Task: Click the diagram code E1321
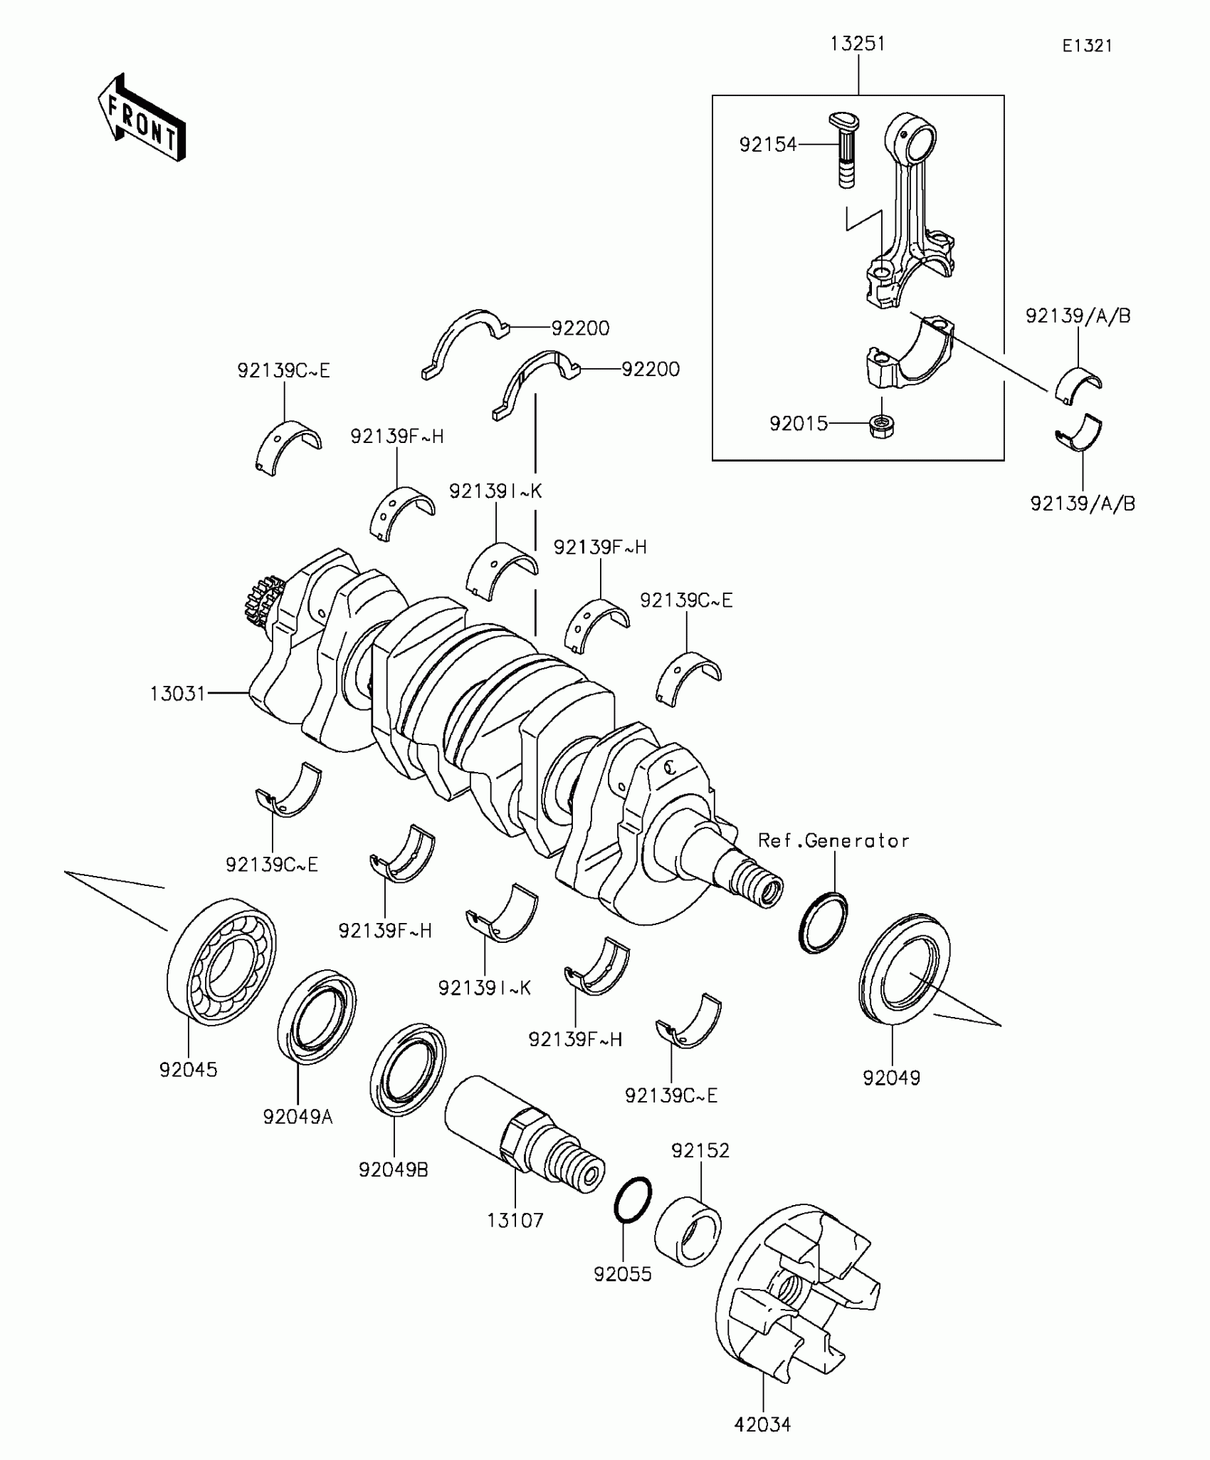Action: (x=1087, y=46)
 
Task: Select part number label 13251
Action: (x=858, y=44)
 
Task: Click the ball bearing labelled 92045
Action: (x=221, y=961)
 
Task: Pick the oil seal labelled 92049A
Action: (x=317, y=1016)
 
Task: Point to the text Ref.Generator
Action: (x=833, y=841)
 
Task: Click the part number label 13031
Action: (x=177, y=693)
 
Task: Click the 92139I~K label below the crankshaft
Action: (x=485, y=988)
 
